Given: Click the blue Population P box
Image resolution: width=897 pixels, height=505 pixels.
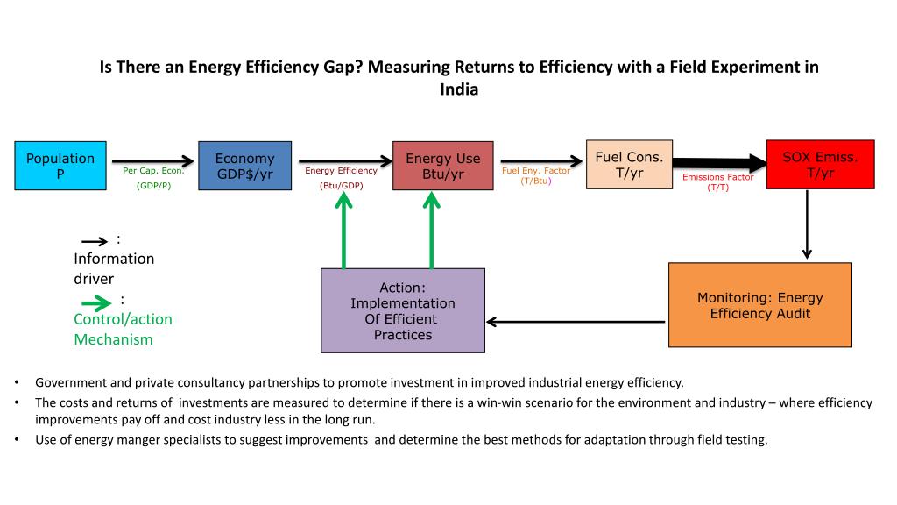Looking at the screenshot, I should pyautogui.click(x=60, y=166).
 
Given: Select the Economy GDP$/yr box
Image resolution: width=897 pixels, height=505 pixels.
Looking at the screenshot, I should pyautogui.click(x=244, y=166).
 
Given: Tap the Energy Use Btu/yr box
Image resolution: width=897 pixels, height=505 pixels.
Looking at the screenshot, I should pyautogui.click(x=442, y=166).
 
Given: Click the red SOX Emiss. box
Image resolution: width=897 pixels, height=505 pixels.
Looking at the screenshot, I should pyautogui.click(x=820, y=164).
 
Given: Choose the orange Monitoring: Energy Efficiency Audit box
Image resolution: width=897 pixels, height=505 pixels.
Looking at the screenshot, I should pyautogui.click(x=759, y=305).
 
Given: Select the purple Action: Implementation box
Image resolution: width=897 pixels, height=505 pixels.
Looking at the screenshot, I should pyautogui.click(x=403, y=310).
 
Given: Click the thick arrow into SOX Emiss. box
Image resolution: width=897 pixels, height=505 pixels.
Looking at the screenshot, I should pyautogui.click(x=718, y=162).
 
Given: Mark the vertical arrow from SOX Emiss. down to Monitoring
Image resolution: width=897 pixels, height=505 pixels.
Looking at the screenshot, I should pyautogui.click(x=807, y=224).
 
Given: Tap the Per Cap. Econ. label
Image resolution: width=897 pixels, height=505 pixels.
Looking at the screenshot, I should pyautogui.click(x=153, y=172).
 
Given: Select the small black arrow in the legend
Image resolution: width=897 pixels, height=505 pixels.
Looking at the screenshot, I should pyautogui.click(x=95, y=242).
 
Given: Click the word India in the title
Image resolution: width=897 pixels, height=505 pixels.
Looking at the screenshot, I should pyautogui.click(x=459, y=89).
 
